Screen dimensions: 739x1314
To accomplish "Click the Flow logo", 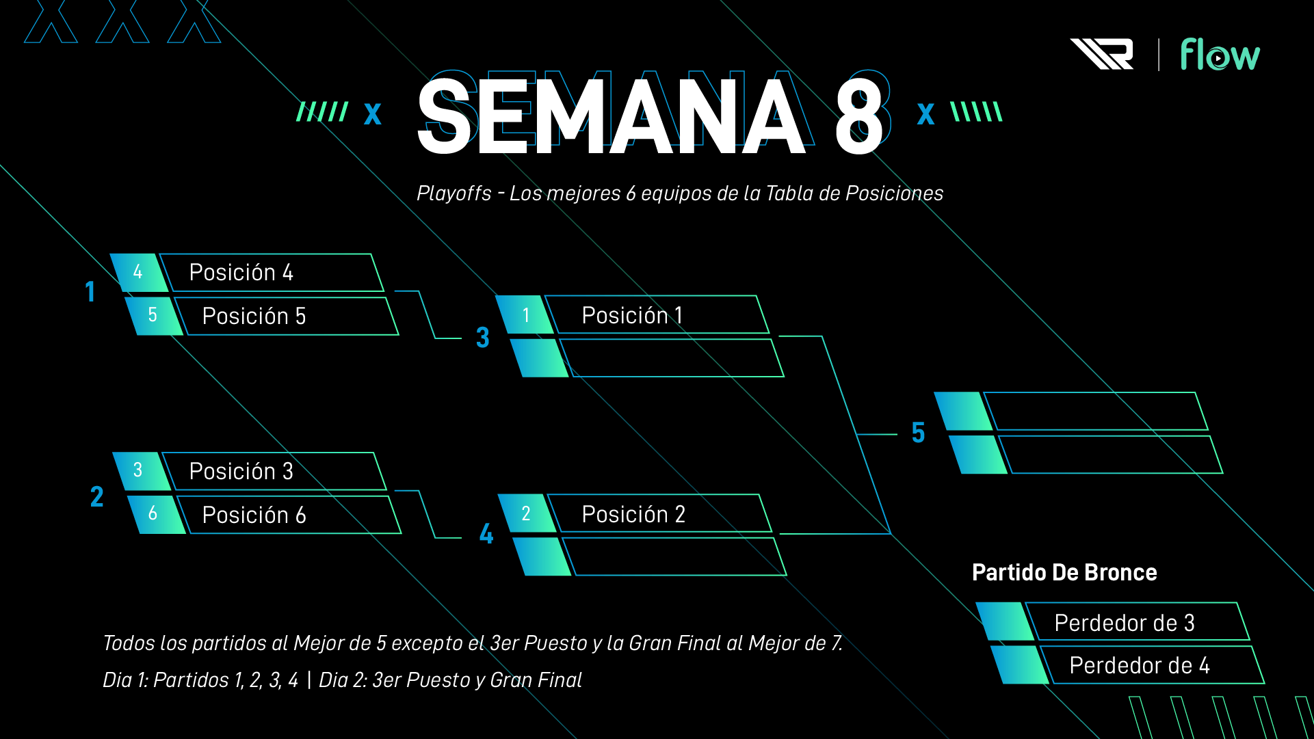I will coord(1220,55).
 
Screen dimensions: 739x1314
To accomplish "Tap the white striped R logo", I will coord(1102,54).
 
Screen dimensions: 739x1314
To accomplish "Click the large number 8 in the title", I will coord(858,115).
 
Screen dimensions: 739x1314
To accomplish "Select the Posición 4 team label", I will coord(241,273).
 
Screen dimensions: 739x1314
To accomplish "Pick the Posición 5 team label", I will coord(254,317).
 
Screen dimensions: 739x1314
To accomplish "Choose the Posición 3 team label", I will coord(241,472).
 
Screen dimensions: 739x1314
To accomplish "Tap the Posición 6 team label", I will coord(254,515).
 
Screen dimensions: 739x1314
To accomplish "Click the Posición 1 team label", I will coord(632,316).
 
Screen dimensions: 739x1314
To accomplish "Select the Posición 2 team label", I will coord(633,515).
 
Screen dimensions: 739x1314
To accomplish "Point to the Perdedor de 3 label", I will coord(1125,623).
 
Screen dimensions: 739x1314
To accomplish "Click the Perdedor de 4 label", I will coord(1140,666).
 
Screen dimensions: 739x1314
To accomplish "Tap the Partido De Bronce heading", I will coord(1064,573).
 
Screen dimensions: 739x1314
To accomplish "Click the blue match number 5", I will coord(918,433).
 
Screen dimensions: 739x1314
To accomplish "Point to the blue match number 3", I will coord(483,338).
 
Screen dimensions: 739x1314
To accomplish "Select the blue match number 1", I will coord(90,292).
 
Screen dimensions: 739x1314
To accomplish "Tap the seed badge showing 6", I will coord(153,513).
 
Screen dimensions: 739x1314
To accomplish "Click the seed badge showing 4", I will coord(138,272).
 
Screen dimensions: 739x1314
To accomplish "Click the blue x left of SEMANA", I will coord(372,113).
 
